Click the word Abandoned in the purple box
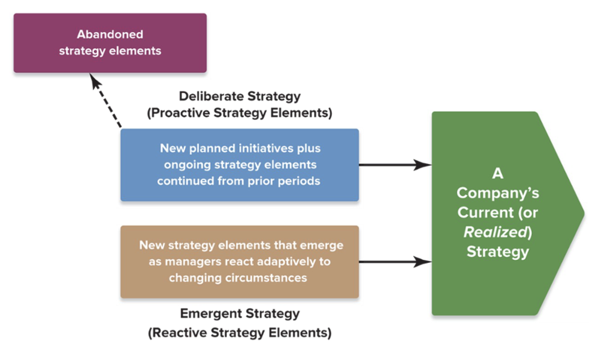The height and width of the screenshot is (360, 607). pos(110,34)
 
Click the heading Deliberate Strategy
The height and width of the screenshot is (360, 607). pos(239,96)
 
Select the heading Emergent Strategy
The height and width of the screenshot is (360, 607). pos(239,314)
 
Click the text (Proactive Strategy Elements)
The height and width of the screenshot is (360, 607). pos(239,114)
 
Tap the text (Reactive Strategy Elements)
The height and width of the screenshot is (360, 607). pos(239,333)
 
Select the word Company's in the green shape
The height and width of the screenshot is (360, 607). pos(498,193)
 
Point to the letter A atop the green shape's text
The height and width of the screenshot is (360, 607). pos(498,174)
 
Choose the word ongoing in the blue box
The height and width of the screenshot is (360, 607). pos(184,164)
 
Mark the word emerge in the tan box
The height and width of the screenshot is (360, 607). pos(325,245)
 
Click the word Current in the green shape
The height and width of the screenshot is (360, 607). pos(482,212)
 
